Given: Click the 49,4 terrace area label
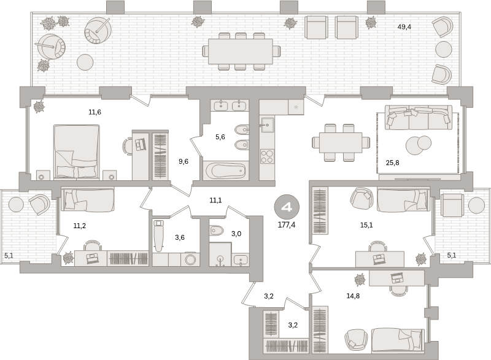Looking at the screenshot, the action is point(404,27).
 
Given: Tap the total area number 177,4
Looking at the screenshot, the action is point(287,225).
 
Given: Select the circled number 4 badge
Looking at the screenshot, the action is point(287,207).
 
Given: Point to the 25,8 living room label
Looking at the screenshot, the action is point(392,163).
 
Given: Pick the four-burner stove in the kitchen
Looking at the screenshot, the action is point(267,156).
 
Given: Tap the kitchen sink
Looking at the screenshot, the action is point(267,126).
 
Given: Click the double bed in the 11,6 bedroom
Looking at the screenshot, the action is point(76,152).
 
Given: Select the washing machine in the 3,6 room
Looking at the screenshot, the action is point(190,259).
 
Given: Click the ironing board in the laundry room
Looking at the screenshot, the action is point(158,236).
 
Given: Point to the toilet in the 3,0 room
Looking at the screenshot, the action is point(216,231).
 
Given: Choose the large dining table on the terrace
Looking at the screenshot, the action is point(241,52).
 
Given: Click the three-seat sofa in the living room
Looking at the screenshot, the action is point(419,118).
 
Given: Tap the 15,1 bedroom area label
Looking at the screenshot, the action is point(366,225).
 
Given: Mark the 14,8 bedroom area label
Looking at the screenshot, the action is point(353,296).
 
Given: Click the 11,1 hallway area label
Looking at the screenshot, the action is point(216,200).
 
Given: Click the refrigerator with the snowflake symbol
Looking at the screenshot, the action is point(296,107).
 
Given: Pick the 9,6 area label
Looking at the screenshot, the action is point(184,161).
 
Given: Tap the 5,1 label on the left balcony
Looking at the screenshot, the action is point(9,256).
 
